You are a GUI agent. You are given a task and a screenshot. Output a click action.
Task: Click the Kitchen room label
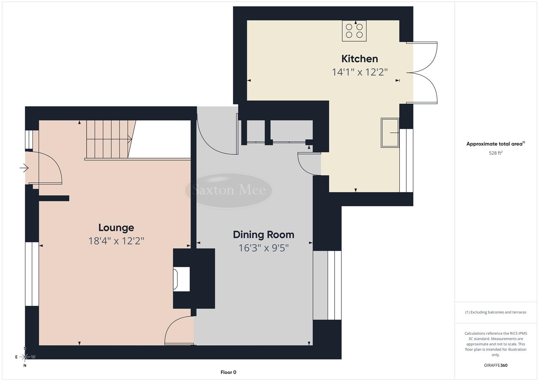tap(359, 59)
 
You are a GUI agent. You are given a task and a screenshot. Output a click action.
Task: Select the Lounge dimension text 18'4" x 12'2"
tap(116, 241)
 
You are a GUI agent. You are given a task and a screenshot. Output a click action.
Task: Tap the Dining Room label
tap(263, 235)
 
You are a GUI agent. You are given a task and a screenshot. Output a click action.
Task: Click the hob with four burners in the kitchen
tap(354, 31)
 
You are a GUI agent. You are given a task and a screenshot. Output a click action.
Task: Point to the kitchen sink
tap(390, 133)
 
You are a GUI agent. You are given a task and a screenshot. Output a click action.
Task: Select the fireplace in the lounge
tap(182, 279)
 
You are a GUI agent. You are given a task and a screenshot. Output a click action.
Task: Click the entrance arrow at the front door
tap(24, 168)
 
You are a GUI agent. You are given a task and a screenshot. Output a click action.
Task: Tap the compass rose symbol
tap(25, 357)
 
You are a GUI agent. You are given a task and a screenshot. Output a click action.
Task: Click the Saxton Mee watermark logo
tap(229, 190)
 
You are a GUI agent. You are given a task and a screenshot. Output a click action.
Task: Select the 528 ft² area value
tap(495, 153)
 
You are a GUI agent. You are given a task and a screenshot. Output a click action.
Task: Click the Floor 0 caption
tap(228, 372)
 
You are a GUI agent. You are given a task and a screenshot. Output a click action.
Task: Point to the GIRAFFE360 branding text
tap(495, 365)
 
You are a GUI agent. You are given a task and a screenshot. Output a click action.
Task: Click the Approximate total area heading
tap(495, 144)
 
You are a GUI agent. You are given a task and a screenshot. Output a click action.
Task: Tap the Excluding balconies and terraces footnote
tap(495, 312)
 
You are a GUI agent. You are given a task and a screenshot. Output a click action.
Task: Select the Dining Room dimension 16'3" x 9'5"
tap(263, 248)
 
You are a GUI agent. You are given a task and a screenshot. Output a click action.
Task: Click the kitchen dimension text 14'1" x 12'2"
tap(359, 72)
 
